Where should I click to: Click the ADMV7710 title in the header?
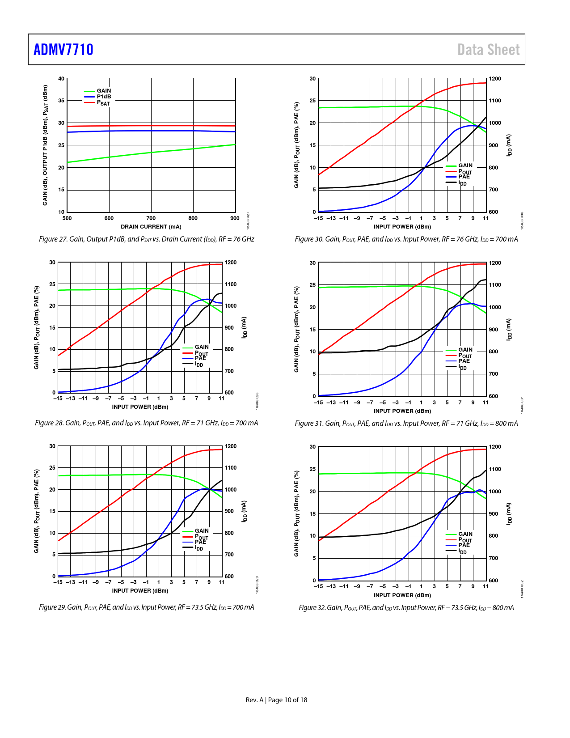click(x=63, y=49)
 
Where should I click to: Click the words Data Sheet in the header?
click(x=488, y=50)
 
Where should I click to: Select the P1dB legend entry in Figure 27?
click(x=104, y=97)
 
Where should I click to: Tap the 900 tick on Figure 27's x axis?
click(x=235, y=218)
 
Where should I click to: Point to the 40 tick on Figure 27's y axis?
click(x=61, y=79)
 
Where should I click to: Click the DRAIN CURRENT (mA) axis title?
click(x=151, y=227)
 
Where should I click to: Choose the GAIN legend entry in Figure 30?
click(x=465, y=165)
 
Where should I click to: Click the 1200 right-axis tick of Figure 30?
click(x=495, y=79)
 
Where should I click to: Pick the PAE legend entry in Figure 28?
click(x=200, y=358)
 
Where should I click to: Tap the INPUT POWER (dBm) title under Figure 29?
click(x=140, y=591)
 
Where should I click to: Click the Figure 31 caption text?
click(x=406, y=423)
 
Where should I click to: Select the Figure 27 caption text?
click(x=146, y=239)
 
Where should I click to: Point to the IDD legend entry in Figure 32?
click(x=462, y=551)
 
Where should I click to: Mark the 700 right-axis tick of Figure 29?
click(x=229, y=555)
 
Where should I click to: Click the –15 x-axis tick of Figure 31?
click(x=318, y=403)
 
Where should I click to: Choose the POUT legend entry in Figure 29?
click(x=201, y=537)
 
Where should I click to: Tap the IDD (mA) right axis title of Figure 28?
click(x=244, y=327)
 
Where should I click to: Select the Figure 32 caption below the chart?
click(x=406, y=607)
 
